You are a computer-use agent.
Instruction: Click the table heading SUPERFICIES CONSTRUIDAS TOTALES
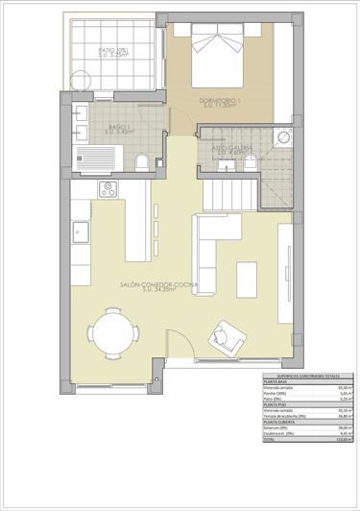(308, 375)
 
